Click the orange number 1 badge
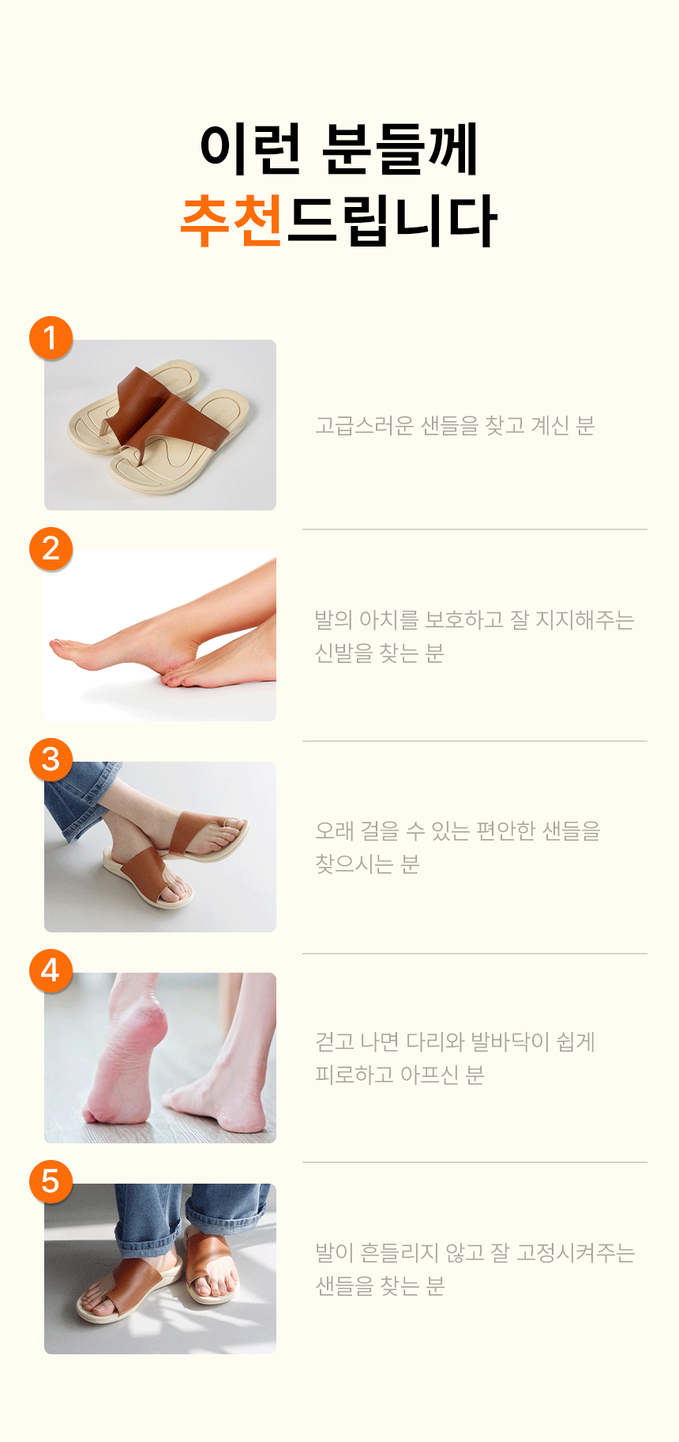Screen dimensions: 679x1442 coord(51,338)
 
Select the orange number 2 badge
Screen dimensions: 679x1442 coord(51,548)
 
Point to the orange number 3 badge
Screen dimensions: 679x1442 coord(51,759)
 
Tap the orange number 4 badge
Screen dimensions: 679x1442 coord(51,970)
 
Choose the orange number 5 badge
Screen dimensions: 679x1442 coord(51,1181)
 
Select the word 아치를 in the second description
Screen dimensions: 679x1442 coord(388,619)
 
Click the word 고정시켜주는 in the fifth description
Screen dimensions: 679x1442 coord(576,1252)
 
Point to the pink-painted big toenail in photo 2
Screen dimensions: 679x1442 coord(56,646)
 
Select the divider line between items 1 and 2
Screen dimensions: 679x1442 coord(475,529)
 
